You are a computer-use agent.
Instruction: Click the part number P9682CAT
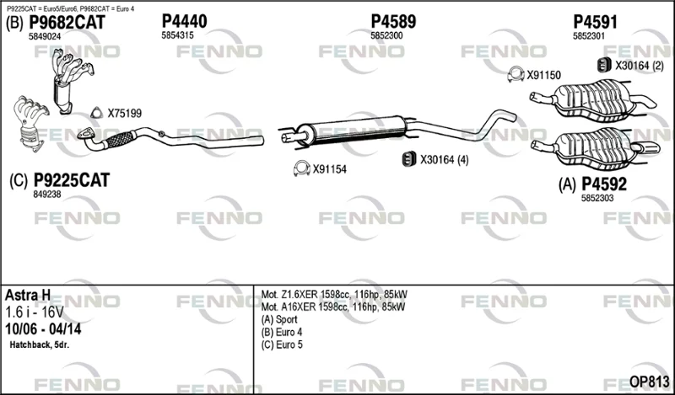pyautogui.click(x=67, y=23)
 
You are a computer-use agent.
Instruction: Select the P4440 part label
pyautogui.click(x=184, y=21)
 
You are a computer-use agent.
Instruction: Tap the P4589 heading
pyautogui.click(x=393, y=21)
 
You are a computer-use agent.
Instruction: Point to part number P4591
pyautogui.click(x=595, y=22)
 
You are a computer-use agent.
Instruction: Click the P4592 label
pyautogui.click(x=604, y=184)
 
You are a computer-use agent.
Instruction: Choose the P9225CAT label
pyautogui.click(x=72, y=180)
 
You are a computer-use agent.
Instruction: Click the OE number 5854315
pyautogui.click(x=177, y=35)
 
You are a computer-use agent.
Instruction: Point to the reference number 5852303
pyautogui.click(x=597, y=198)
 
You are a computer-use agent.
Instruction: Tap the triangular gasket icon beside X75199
pyautogui.click(x=96, y=113)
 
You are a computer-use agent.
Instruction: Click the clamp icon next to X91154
pyautogui.click(x=302, y=168)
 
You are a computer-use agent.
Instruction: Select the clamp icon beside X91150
pyautogui.click(x=516, y=74)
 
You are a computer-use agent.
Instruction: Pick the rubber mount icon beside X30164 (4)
pyautogui.click(x=409, y=159)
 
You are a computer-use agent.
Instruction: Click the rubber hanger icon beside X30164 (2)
pyautogui.click(x=604, y=65)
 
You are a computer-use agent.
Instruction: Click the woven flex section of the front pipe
pyautogui.click(x=120, y=139)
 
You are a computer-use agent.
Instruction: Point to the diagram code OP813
pyautogui.click(x=649, y=382)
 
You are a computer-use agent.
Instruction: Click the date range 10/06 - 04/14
pyautogui.click(x=43, y=328)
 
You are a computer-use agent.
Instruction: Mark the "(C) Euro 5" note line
pyautogui.click(x=282, y=344)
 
